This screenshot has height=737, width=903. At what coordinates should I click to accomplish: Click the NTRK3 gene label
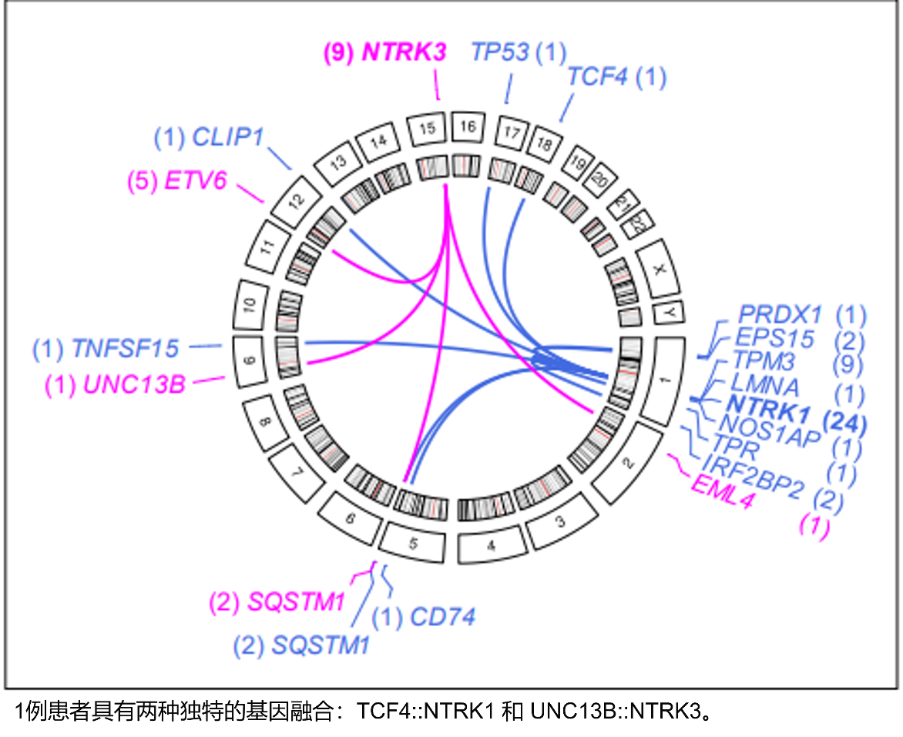point(404,52)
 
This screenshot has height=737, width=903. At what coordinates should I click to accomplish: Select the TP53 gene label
point(500,52)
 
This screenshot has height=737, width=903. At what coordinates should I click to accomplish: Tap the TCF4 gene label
point(597,77)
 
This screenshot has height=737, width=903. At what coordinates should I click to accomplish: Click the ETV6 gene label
point(195,181)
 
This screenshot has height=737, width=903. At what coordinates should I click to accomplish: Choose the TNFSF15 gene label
point(125,348)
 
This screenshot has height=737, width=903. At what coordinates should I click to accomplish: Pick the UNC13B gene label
point(134,384)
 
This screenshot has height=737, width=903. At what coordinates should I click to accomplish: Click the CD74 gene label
point(442,617)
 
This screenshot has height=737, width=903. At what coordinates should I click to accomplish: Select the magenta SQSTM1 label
point(295,601)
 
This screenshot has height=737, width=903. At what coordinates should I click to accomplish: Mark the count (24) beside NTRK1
point(844,423)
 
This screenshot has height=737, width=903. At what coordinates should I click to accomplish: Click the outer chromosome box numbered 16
point(467,126)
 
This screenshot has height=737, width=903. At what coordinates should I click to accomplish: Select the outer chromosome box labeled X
point(658,270)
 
